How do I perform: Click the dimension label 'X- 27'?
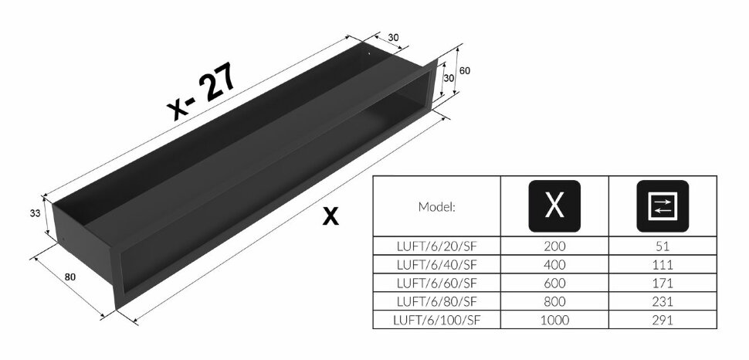pos(202,91)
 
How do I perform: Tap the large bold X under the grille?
pos(330,216)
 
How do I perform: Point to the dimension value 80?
pos(70,277)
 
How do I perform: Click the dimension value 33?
pos(35,213)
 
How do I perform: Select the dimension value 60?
pos(464,71)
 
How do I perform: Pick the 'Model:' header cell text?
pos(436,207)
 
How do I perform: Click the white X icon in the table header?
pos(554,206)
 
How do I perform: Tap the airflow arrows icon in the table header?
pos(663,206)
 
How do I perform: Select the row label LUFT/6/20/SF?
pos(436,246)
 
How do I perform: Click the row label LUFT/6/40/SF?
pos(436,264)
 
